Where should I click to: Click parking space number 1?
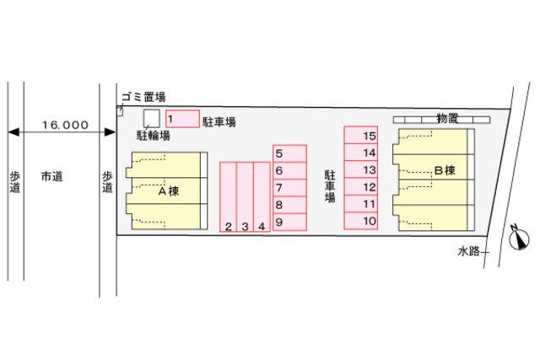pos(182,119)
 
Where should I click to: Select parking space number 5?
pos(289,153)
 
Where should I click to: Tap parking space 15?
pos(361,135)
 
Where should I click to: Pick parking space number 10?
pos(361,221)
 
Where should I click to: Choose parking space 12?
pos(361,187)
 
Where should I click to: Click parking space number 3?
pos(246,197)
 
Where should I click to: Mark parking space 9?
pos(289,222)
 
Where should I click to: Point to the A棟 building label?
pos(169,191)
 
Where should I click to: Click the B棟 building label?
pos(445,170)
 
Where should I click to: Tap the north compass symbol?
pos(519,238)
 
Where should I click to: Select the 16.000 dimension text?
pos(65,125)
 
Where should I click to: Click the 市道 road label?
pos(51,176)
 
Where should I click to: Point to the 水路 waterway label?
pos(469,251)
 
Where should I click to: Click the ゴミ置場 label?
pos(143,97)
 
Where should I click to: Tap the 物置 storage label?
pos(447,118)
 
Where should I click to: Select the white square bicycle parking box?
pos(152,118)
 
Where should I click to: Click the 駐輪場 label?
pos(154,135)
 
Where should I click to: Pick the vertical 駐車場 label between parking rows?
pos(330,186)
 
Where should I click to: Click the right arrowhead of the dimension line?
pos(110,132)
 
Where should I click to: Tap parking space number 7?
pos(289,187)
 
